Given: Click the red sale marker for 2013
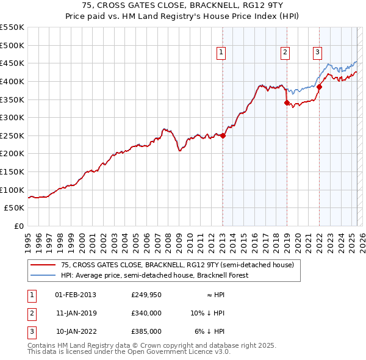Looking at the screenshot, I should tap(223, 135).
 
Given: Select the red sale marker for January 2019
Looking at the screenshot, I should tap(287, 103).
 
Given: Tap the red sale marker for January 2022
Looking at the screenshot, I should tap(319, 87).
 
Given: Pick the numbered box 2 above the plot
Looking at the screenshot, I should tap(285, 53).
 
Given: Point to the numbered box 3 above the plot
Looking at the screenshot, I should tap(318, 53).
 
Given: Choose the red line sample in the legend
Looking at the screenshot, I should tap(43, 265).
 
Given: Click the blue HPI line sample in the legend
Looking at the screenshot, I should tap(43, 275).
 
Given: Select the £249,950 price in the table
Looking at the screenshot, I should tap(146, 295).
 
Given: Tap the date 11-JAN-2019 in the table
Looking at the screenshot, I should tap(76, 313).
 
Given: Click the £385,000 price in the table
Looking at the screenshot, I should tap(146, 331).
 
